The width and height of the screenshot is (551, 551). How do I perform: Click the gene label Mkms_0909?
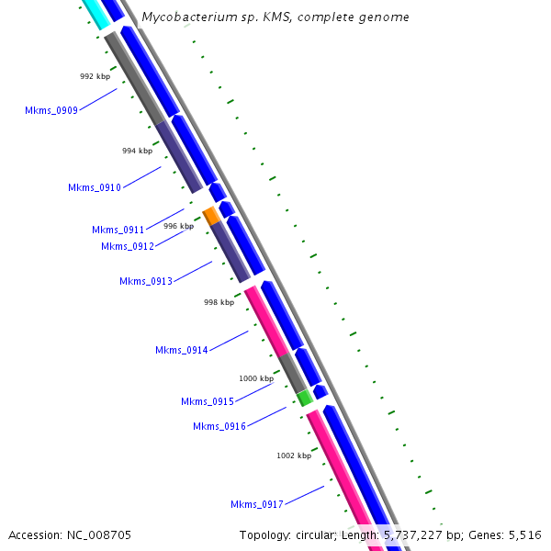(x=51, y=110)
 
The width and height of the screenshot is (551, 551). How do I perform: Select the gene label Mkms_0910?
(x=95, y=187)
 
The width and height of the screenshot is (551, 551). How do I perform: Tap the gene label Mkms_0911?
(x=118, y=230)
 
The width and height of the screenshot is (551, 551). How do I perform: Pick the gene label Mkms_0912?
(x=128, y=245)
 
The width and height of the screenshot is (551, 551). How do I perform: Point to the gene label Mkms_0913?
(x=146, y=281)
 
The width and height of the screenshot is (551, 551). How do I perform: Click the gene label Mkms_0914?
(x=182, y=350)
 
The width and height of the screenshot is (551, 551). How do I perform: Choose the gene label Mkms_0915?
(x=208, y=401)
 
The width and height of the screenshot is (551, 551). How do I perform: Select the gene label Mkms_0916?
(x=219, y=426)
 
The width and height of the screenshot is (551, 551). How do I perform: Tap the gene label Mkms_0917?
(x=257, y=504)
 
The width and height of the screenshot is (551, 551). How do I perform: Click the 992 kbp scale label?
(x=95, y=76)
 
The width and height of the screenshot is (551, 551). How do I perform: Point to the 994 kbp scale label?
(x=137, y=151)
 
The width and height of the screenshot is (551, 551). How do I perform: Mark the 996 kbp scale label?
(x=178, y=226)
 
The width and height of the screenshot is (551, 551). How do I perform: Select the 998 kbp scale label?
(x=219, y=301)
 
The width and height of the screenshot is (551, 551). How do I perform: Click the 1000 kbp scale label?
(x=256, y=378)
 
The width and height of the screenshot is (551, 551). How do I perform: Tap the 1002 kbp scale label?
(x=294, y=455)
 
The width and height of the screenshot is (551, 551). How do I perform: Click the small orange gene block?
(x=211, y=216)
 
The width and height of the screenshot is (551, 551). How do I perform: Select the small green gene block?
(x=304, y=398)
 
